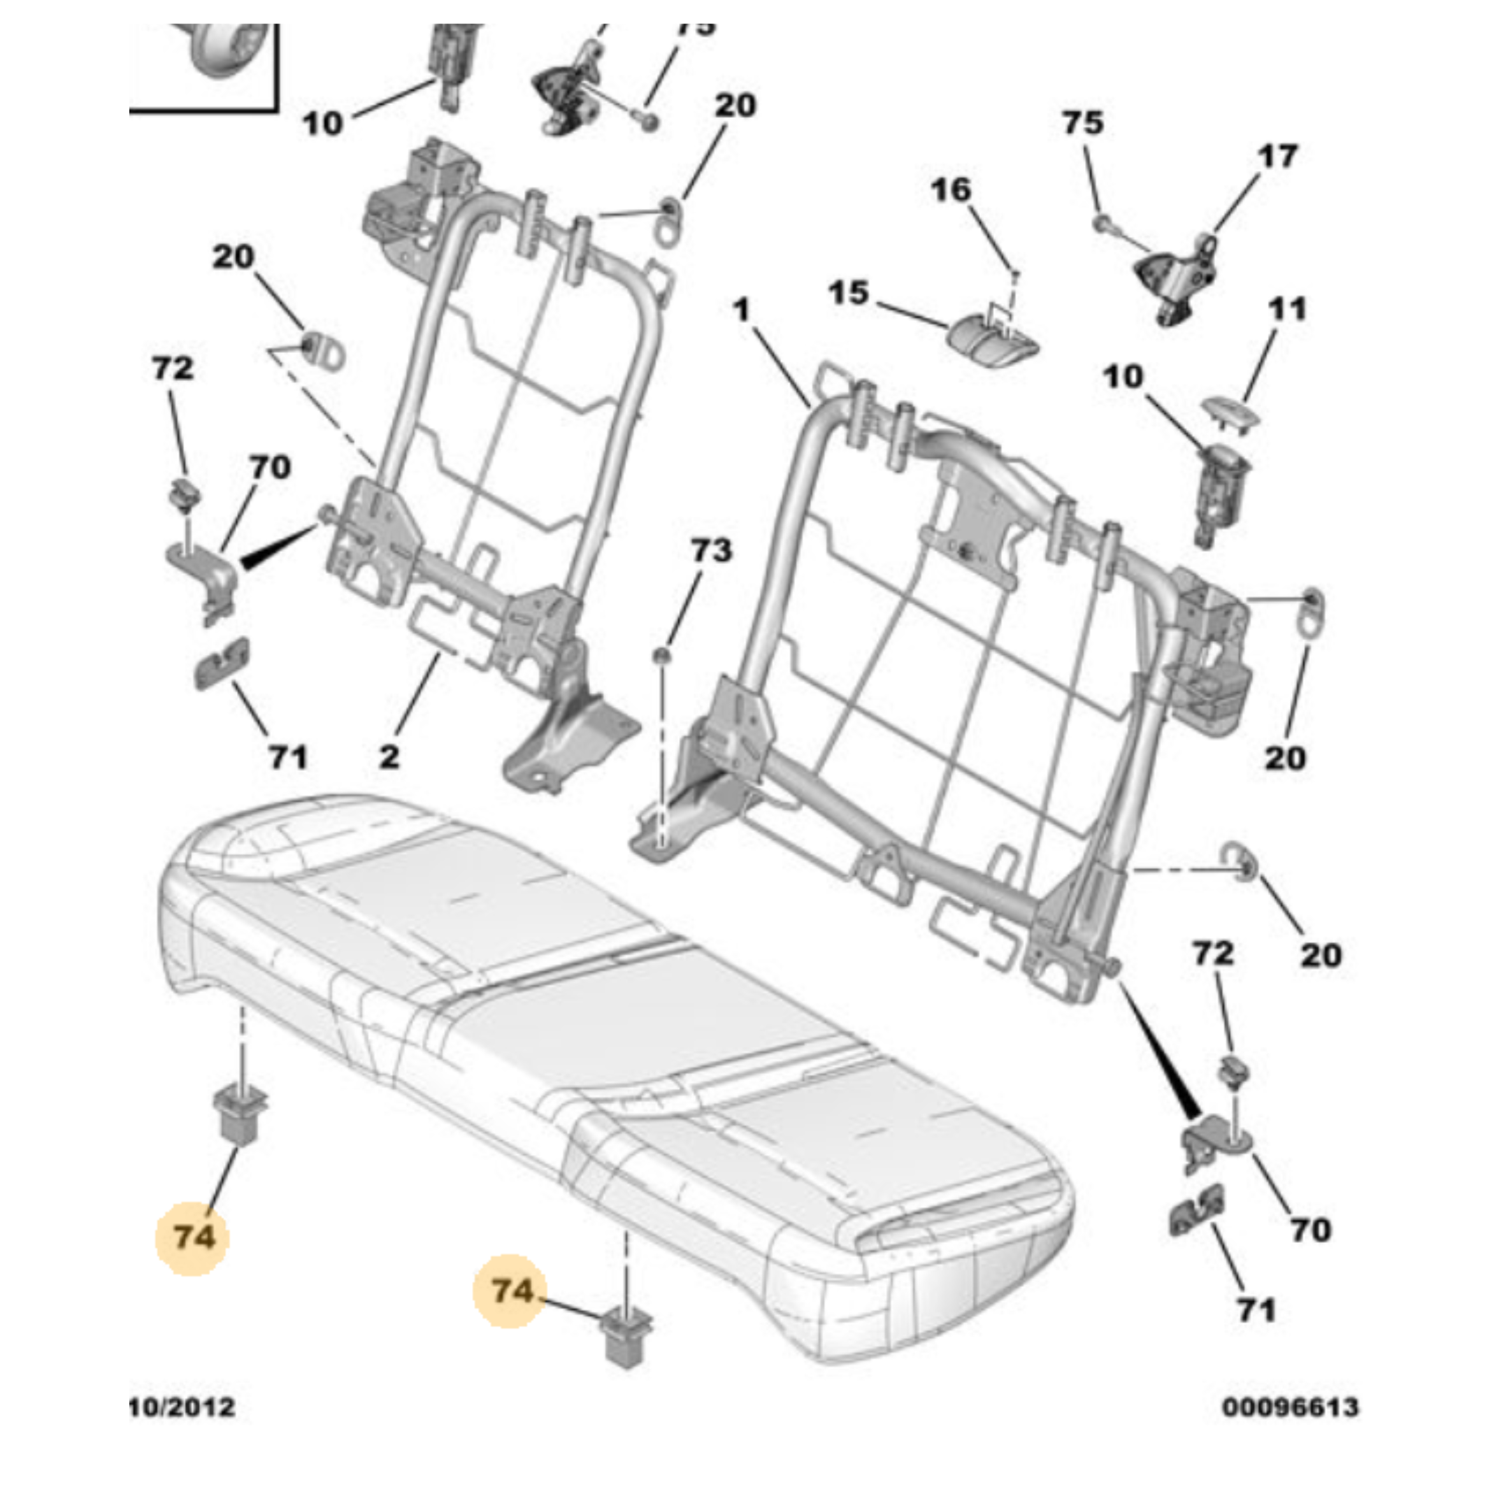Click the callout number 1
[x=742, y=310]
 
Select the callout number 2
[x=389, y=756]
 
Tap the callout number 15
[x=849, y=293]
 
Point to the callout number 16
[x=951, y=189]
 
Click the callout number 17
[x=1277, y=157]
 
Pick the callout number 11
[x=1287, y=310]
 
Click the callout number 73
[x=710, y=550]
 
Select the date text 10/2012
[x=182, y=1407]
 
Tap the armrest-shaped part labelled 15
[x=994, y=340]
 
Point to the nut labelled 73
[x=662, y=656]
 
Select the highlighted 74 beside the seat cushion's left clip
[x=192, y=1237]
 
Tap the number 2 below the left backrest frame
[x=389, y=756]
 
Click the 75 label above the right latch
[x=1082, y=123]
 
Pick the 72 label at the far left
[x=173, y=368]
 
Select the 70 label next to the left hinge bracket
[x=269, y=467]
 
